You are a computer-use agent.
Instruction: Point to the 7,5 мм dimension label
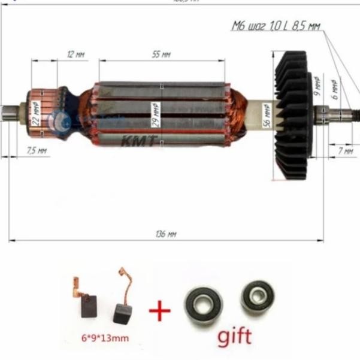click(x=37, y=150)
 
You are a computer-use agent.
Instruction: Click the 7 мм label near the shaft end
click(x=346, y=150)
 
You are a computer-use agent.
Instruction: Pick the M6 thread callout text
click(x=276, y=26)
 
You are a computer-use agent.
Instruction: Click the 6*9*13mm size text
click(x=104, y=338)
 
